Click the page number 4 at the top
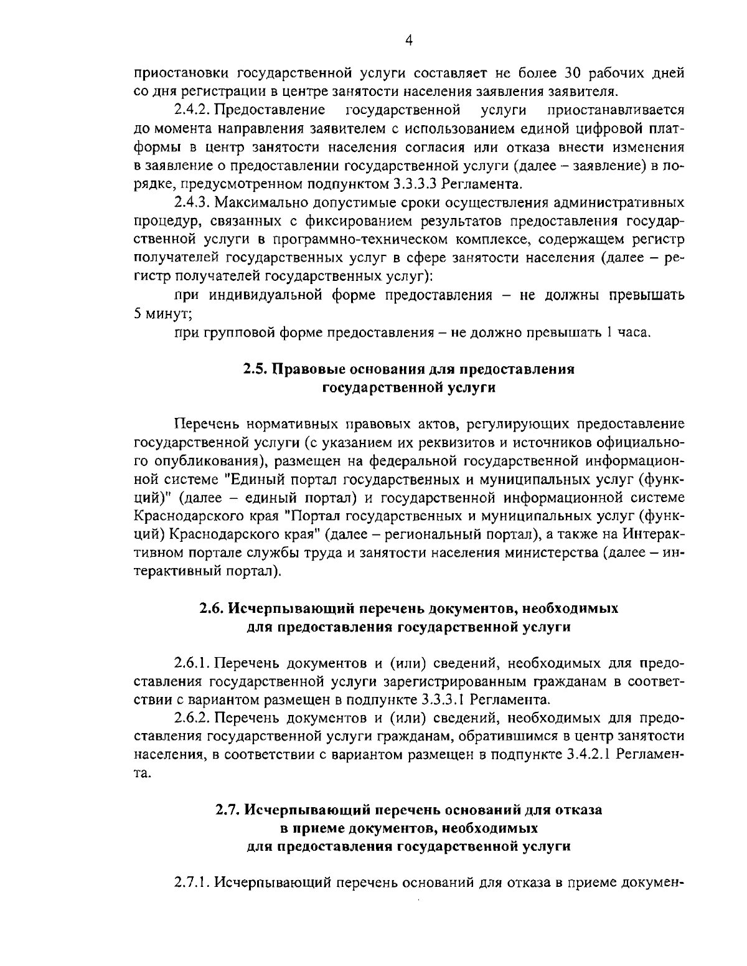coord(409,40)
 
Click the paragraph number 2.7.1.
coord(194,884)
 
